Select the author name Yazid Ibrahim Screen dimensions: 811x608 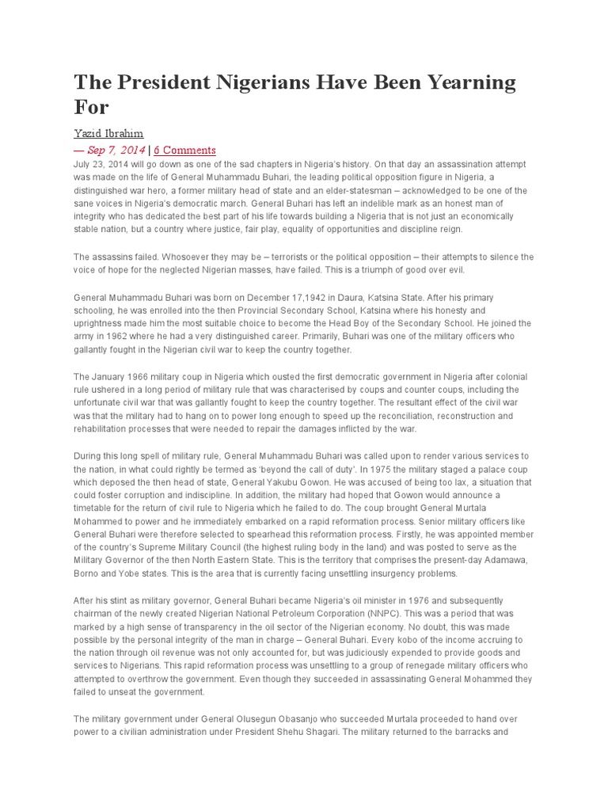click(x=108, y=134)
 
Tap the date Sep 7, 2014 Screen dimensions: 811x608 click(x=116, y=150)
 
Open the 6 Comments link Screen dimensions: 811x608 click(x=184, y=150)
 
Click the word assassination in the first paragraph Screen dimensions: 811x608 click(x=408, y=164)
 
